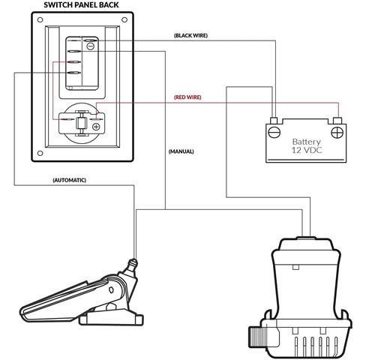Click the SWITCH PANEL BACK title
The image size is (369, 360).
(x=81, y=5)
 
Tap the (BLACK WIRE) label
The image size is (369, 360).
(x=190, y=35)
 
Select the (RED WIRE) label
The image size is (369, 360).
(x=187, y=97)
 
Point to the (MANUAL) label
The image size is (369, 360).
(x=181, y=151)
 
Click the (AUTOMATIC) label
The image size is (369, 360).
(x=70, y=180)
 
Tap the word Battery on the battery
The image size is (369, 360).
(x=307, y=142)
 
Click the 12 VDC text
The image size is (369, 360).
(x=307, y=150)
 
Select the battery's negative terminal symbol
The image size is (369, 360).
(x=274, y=132)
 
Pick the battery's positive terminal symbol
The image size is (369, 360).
(x=337, y=132)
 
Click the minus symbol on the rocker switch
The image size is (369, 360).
(x=90, y=46)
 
